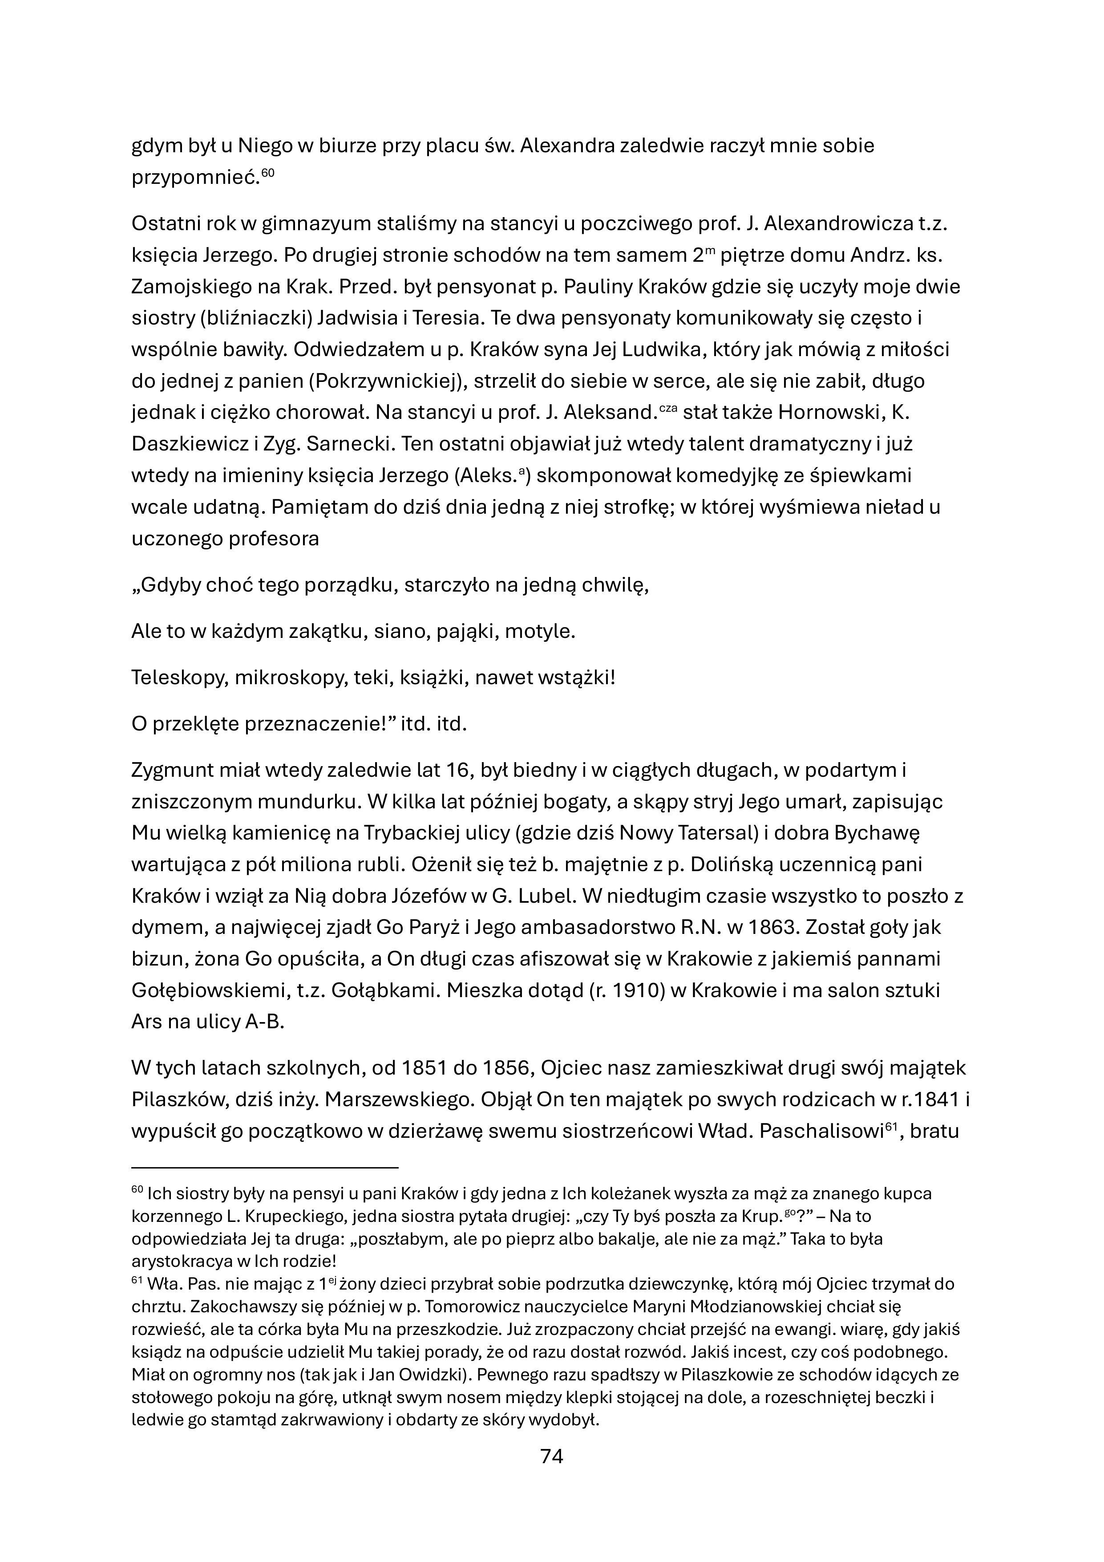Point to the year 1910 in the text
(x=637, y=990)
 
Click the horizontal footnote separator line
(x=265, y=1168)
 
